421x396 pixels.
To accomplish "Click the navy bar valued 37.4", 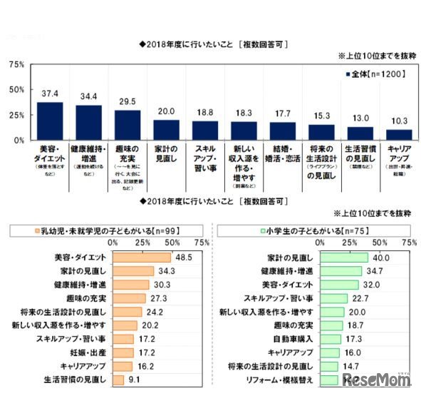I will tap(50, 121).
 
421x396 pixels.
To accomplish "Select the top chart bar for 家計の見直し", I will tap(166, 130).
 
